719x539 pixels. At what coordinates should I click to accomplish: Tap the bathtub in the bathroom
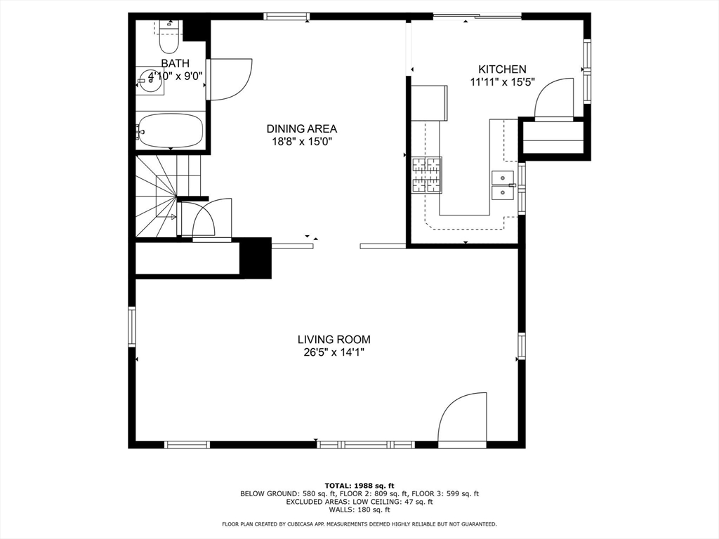(171, 131)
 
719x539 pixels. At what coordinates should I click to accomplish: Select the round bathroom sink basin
(150, 81)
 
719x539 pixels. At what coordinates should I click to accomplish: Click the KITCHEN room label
(502, 69)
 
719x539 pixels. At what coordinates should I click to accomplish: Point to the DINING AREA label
(302, 129)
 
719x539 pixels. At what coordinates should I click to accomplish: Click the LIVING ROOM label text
(334, 340)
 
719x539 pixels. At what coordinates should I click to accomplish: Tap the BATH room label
(175, 63)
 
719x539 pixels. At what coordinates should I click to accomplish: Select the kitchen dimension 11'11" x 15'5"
(503, 83)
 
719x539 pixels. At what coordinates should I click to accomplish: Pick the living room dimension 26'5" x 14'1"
(334, 352)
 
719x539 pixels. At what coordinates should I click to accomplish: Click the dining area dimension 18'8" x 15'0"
(302, 142)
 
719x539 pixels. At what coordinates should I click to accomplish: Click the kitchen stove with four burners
(427, 175)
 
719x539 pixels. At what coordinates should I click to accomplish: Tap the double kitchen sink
(503, 185)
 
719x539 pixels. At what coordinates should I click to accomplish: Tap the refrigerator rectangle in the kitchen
(429, 102)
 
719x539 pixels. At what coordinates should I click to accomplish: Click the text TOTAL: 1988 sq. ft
(359, 486)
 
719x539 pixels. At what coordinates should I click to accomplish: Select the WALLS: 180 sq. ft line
(359, 510)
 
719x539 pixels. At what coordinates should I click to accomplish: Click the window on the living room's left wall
(132, 326)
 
